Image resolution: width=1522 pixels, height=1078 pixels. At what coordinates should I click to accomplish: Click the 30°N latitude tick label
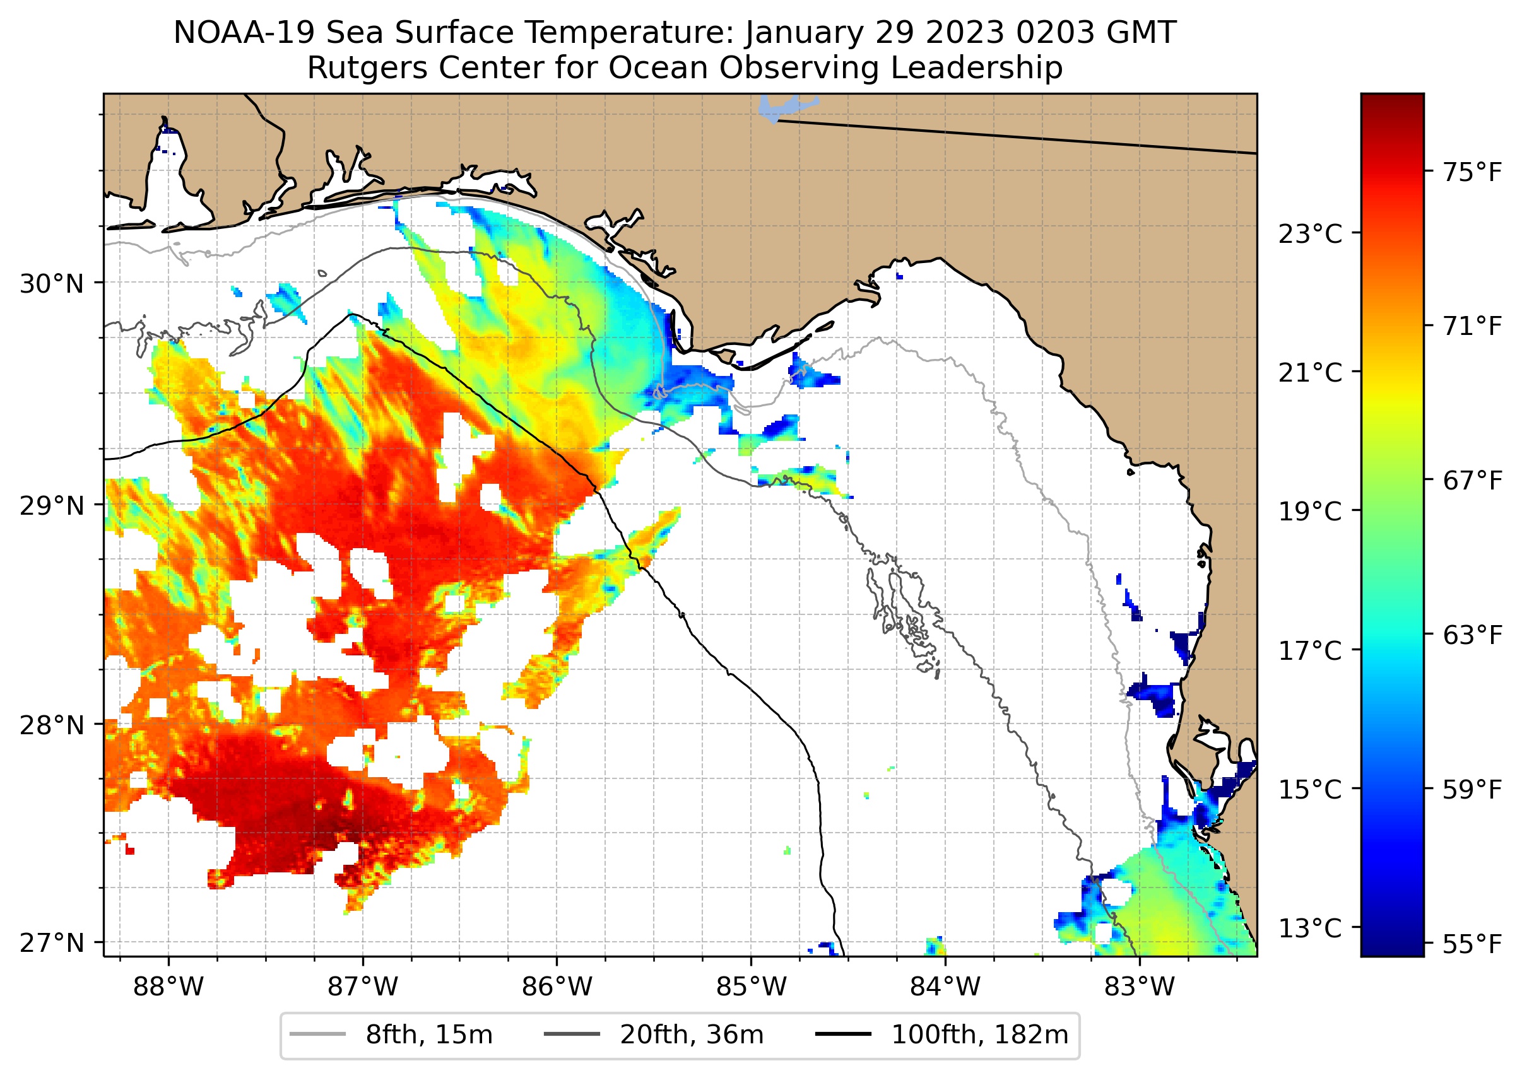52,284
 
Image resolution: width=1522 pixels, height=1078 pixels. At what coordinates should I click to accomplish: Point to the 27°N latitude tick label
52,942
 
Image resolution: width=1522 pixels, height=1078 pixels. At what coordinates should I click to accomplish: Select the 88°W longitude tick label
168,987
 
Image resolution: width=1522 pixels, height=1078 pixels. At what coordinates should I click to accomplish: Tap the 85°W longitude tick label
751,987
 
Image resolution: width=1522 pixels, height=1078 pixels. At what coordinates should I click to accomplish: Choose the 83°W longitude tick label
1140,987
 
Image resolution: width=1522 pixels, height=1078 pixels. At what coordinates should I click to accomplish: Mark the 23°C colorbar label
1310,234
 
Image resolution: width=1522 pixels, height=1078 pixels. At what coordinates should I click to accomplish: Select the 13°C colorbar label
1310,928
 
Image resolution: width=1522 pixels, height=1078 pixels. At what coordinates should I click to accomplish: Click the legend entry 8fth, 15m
428,1035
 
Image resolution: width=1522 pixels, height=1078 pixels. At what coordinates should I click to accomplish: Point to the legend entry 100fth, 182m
979,1035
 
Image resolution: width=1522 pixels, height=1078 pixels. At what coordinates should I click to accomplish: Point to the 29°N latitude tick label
52,506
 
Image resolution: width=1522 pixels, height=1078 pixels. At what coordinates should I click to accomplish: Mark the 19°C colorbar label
1310,512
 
